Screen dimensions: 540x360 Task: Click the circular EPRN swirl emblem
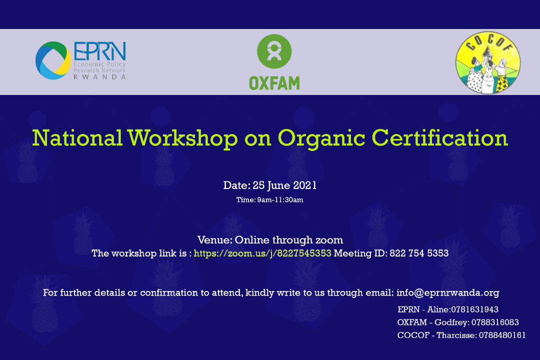[x=53, y=60]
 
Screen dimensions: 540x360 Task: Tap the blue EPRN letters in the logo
[x=100, y=51]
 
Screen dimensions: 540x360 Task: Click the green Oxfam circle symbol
[x=274, y=51]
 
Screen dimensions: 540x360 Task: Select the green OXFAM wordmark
[x=274, y=83]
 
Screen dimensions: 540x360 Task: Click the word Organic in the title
[x=321, y=139]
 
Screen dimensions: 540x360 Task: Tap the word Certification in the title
[x=440, y=138]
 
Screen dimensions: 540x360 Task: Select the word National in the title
[x=77, y=138]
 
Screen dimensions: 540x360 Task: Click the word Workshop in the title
[x=182, y=138]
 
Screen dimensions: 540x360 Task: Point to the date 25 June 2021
[x=284, y=185]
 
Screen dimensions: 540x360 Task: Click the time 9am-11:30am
[x=280, y=200]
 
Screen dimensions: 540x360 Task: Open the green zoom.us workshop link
[x=262, y=253]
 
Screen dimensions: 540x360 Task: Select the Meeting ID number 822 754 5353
[x=419, y=253]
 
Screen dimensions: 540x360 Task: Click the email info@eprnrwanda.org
[x=447, y=293]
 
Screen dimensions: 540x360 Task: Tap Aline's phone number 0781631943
[x=474, y=309]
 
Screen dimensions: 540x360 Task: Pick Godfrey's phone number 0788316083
[x=495, y=322]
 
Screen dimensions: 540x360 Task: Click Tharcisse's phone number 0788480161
[x=502, y=335]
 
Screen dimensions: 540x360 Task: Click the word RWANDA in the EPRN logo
[x=99, y=77]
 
